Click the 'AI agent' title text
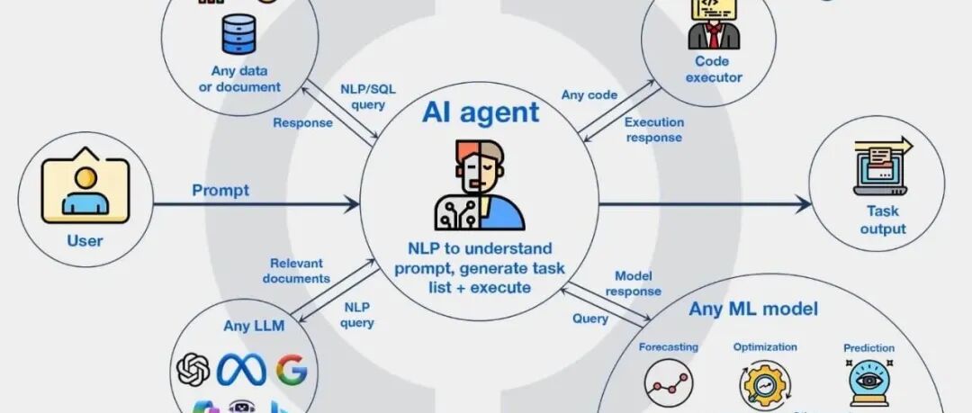point(481,113)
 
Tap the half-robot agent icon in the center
point(479,184)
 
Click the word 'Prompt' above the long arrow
point(220,191)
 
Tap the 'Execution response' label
point(653,130)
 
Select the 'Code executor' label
point(713,69)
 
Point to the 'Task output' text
point(882,220)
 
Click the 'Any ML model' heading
point(753,310)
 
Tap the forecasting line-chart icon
point(669,383)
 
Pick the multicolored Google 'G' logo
point(292,369)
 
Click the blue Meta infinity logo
point(241,369)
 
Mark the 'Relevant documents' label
point(296,271)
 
